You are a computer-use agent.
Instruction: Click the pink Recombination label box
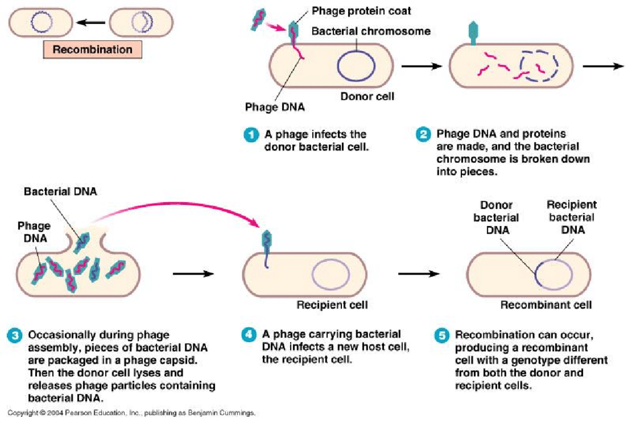coord(92,50)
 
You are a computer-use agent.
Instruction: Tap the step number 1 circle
coord(251,135)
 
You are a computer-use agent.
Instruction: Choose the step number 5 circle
coord(442,335)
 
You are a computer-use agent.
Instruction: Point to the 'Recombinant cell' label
coord(546,304)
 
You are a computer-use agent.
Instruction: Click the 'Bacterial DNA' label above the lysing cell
coord(61,192)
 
